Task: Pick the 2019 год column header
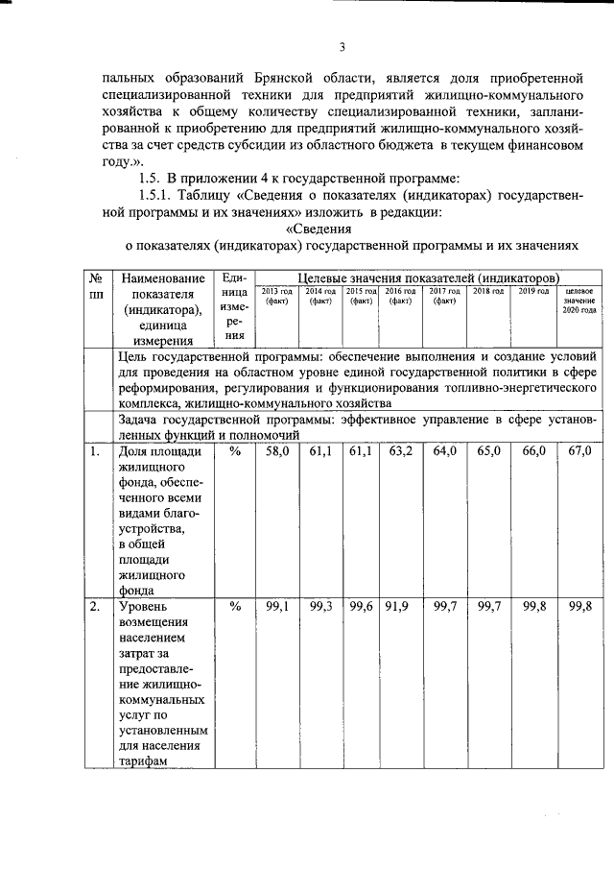click(533, 291)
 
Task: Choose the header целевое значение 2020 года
click(581, 301)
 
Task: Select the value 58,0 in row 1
click(277, 450)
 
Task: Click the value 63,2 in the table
click(401, 450)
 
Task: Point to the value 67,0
click(580, 450)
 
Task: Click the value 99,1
click(277, 607)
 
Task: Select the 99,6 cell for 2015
click(361, 607)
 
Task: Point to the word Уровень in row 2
click(142, 608)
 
